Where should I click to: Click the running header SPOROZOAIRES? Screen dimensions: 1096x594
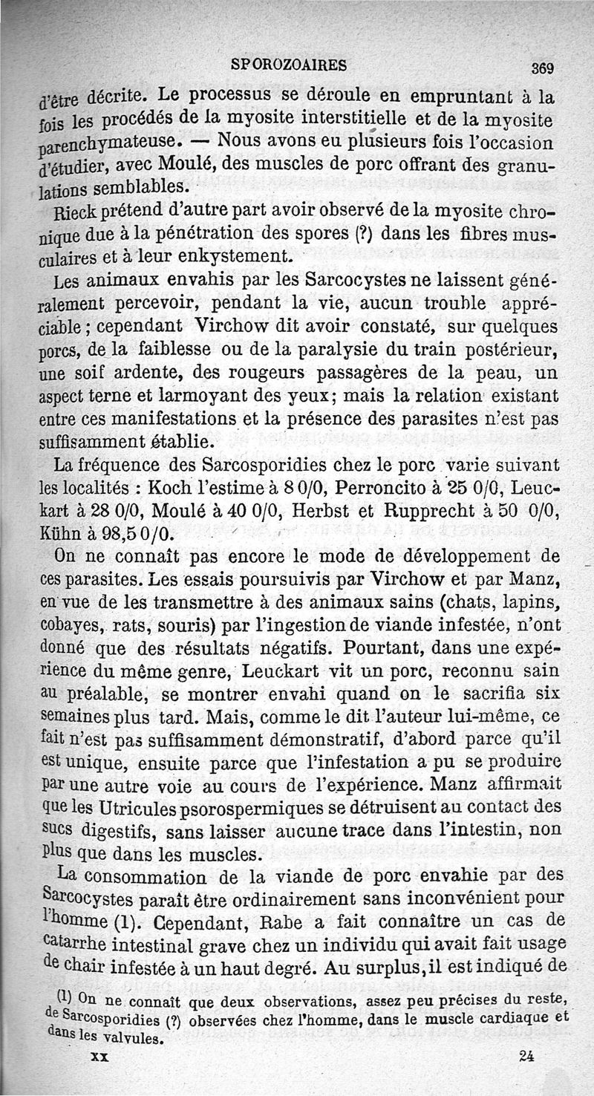(289, 64)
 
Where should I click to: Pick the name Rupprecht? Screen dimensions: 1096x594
(417, 512)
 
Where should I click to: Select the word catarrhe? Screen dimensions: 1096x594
(75, 944)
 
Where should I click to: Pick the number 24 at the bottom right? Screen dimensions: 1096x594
(528, 1057)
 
